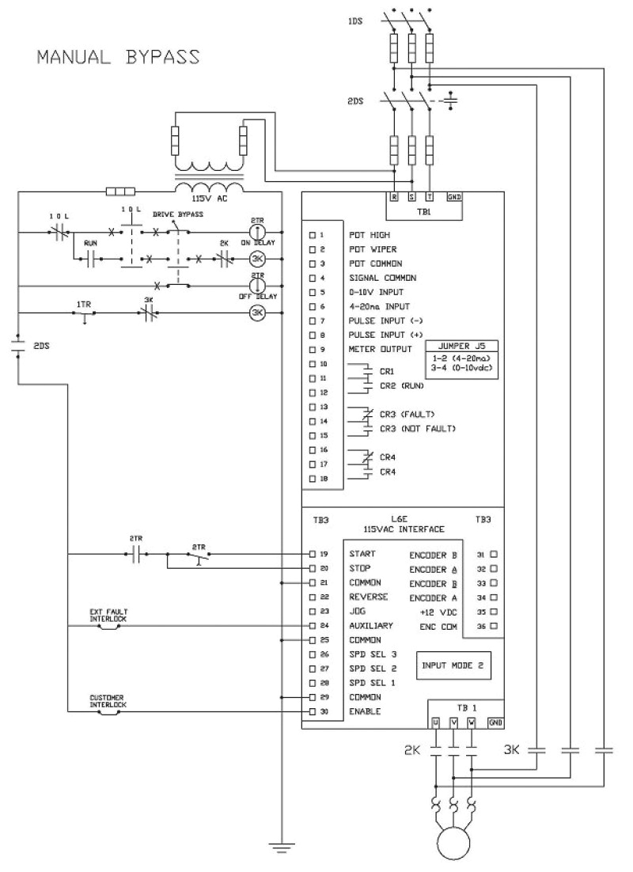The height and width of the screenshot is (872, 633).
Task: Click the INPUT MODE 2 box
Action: tap(454, 667)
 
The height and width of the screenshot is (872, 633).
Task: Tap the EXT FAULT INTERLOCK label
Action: tap(108, 616)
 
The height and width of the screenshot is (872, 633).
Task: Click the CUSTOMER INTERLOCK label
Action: tap(108, 701)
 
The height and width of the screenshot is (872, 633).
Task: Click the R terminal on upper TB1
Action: tap(393, 196)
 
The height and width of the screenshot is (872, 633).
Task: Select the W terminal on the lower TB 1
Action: tap(472, 722)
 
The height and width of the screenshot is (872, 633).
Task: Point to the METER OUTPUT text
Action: tap(380, 350)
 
